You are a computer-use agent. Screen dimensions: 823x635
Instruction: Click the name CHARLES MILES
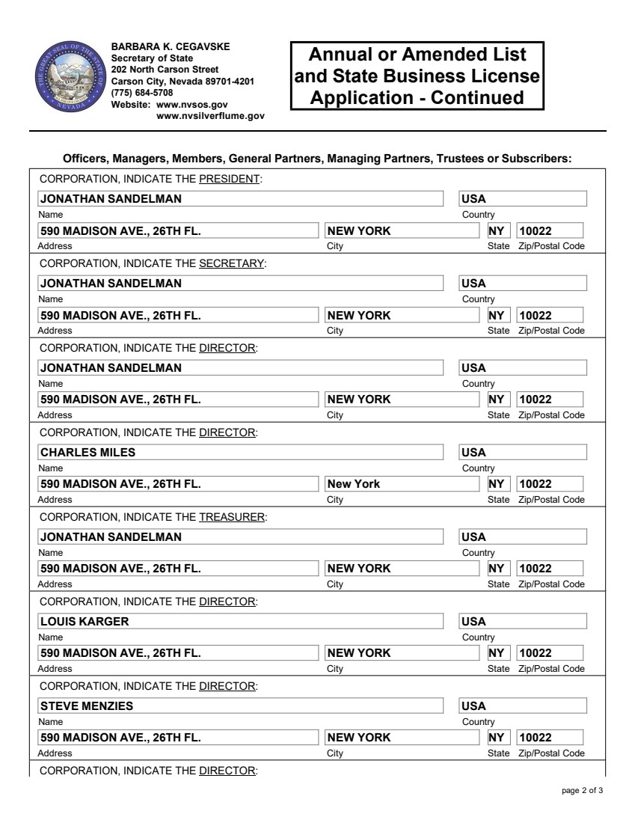point(88,452)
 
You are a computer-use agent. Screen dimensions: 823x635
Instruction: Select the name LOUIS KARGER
point(85,621)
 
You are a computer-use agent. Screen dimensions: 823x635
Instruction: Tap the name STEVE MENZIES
point(86,706)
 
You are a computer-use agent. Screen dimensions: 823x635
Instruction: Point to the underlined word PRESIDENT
point(229,179)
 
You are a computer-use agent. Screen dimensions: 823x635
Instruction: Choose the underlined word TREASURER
point(232,517)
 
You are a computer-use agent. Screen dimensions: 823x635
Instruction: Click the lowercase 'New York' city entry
point(355,484)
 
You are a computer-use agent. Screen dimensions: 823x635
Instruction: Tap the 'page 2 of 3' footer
point(582,791)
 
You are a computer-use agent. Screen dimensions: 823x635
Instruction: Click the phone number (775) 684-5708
point(142,93)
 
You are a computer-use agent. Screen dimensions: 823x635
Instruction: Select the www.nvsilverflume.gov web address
point(210,116)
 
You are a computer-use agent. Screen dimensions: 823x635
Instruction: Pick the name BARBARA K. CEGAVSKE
point(171,46)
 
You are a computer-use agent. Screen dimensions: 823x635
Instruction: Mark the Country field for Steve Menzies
point(523,706)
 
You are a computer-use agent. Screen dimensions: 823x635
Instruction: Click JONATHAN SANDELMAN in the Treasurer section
point(111,536)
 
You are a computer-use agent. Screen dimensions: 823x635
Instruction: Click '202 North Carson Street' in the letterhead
point(165,70)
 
